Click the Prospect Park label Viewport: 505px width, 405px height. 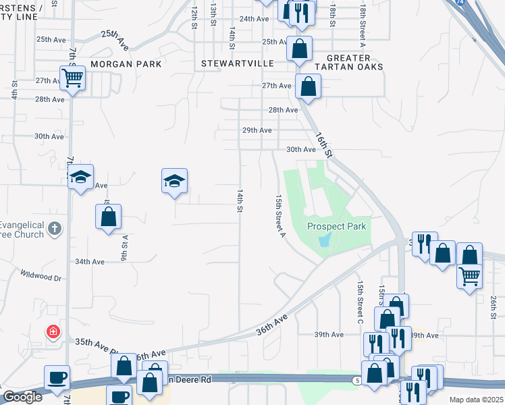coord(337,226)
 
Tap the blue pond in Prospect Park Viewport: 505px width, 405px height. coord(325,240)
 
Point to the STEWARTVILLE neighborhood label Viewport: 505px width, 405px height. coord(237,63)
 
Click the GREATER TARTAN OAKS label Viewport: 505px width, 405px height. coord(354,63)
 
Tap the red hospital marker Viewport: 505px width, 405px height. coord(52,331)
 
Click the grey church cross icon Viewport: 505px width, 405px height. coord(55,230)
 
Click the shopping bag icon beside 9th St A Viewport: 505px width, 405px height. coord(108,217)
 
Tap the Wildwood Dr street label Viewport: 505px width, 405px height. coord(41,276)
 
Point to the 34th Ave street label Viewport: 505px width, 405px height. coord(89,261)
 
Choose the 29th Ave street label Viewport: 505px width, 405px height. coord(257,130)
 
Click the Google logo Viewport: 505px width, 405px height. coord(22,397)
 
